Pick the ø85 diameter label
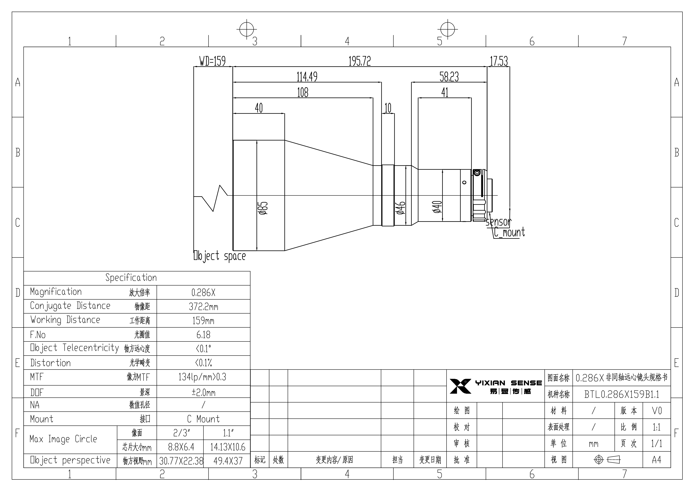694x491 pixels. click(263, 208)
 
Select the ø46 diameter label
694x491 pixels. click(401, 208)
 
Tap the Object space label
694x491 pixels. click(220, 256)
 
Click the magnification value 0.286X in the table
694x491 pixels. click(203, 292)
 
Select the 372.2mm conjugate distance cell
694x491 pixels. click(203, 307)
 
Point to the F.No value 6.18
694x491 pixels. click(203, 335)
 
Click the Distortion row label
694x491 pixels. click(50, 363)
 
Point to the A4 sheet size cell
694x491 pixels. click(656, 460)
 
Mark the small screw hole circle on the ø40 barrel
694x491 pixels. click(464, 182)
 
